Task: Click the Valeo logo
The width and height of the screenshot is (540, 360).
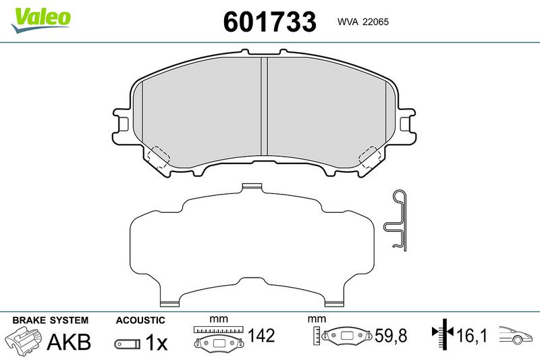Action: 40,20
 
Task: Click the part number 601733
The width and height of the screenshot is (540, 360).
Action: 269,22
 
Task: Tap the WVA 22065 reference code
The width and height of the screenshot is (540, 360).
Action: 363,22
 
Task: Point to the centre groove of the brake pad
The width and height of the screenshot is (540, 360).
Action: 264,106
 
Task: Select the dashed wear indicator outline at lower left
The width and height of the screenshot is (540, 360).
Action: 158,157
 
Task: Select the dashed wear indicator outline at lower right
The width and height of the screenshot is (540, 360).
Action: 370,157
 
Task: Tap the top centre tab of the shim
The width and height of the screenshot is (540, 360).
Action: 252,186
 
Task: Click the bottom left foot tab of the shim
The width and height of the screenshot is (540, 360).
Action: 170,303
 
